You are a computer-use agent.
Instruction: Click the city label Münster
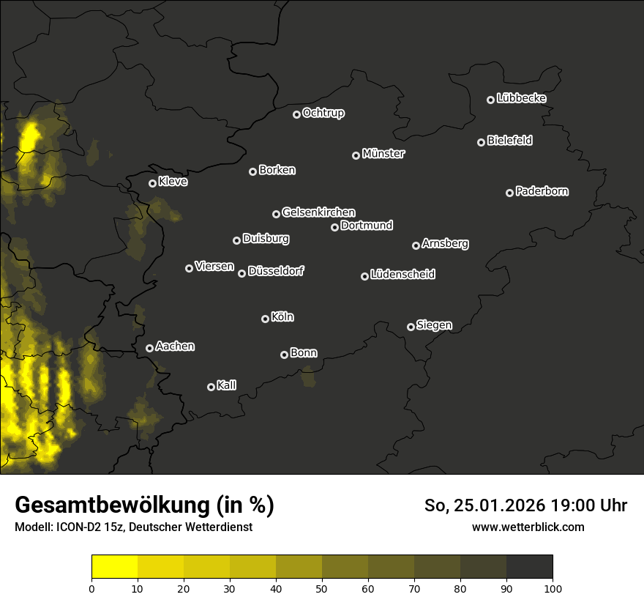coord(383,154)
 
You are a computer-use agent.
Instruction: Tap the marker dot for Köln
coord(265,319)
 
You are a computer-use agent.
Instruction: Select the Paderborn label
coord(542,191)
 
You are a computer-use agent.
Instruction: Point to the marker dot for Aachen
coord(149,348)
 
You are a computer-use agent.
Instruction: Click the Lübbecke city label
coord(521,98)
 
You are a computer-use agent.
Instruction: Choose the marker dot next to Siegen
coord(411,327)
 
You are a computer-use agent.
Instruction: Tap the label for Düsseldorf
coord(276,271)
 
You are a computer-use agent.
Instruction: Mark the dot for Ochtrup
coord(296,114)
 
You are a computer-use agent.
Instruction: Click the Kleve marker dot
coord(152,183)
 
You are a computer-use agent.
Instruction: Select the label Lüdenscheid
coord(403,275)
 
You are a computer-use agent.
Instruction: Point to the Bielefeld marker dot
coord(481,142)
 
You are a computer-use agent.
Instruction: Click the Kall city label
coord(227,385)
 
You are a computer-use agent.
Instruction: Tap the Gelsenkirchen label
coord(318,212)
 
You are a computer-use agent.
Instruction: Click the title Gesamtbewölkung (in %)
coord(144,505)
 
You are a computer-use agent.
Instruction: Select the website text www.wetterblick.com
coord(528,527)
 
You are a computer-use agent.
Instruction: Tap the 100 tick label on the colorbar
coord(553,588)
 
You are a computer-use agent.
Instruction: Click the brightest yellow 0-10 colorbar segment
coord(115,566)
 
